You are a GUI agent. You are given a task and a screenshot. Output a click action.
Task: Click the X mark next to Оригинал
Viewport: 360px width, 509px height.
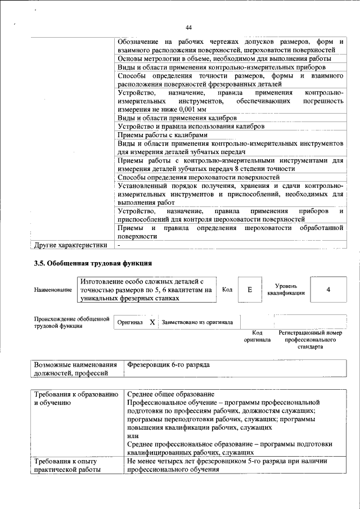coord(151,322)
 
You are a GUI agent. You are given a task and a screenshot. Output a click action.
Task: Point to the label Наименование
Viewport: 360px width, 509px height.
coord(53,290)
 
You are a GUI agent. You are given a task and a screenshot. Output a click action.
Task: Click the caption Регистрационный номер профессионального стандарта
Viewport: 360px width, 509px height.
coord(310,340)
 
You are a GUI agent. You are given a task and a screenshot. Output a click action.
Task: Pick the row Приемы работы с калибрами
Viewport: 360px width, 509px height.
coord(163,135)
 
